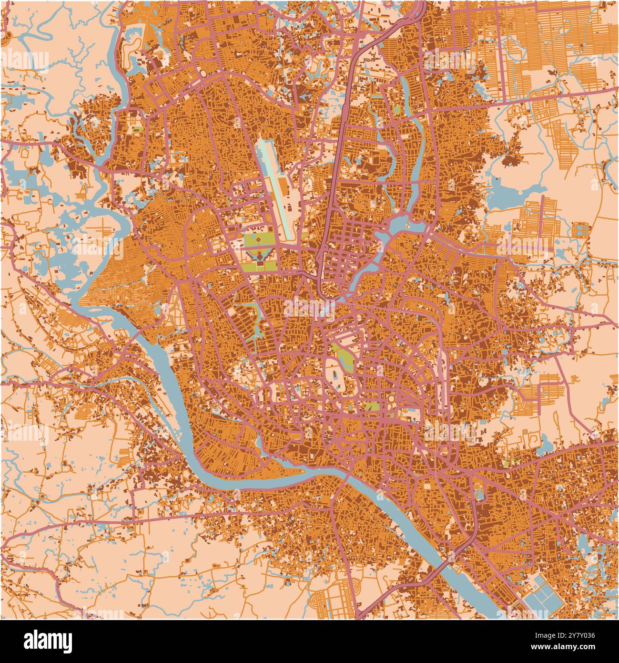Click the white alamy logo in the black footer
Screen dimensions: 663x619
(x=48, y=641)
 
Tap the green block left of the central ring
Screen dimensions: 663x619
(x=371, y=406)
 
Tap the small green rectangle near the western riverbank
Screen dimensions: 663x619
(x=137, y=129)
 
